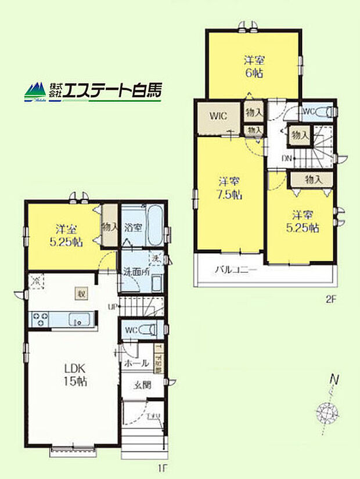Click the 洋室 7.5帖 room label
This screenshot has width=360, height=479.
[x=230, y=187]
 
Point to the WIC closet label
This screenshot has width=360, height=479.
[x=218, y=115]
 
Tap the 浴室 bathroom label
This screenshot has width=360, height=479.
[x=132, y=228]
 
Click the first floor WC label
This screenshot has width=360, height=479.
[x=131, y=330]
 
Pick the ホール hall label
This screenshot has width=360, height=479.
[x=137, y=363]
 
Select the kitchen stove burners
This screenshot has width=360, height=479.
[x=41, y=319]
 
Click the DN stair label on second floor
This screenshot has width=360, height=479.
[x=287, y=158]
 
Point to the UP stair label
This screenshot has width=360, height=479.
[x=114, y=307]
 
